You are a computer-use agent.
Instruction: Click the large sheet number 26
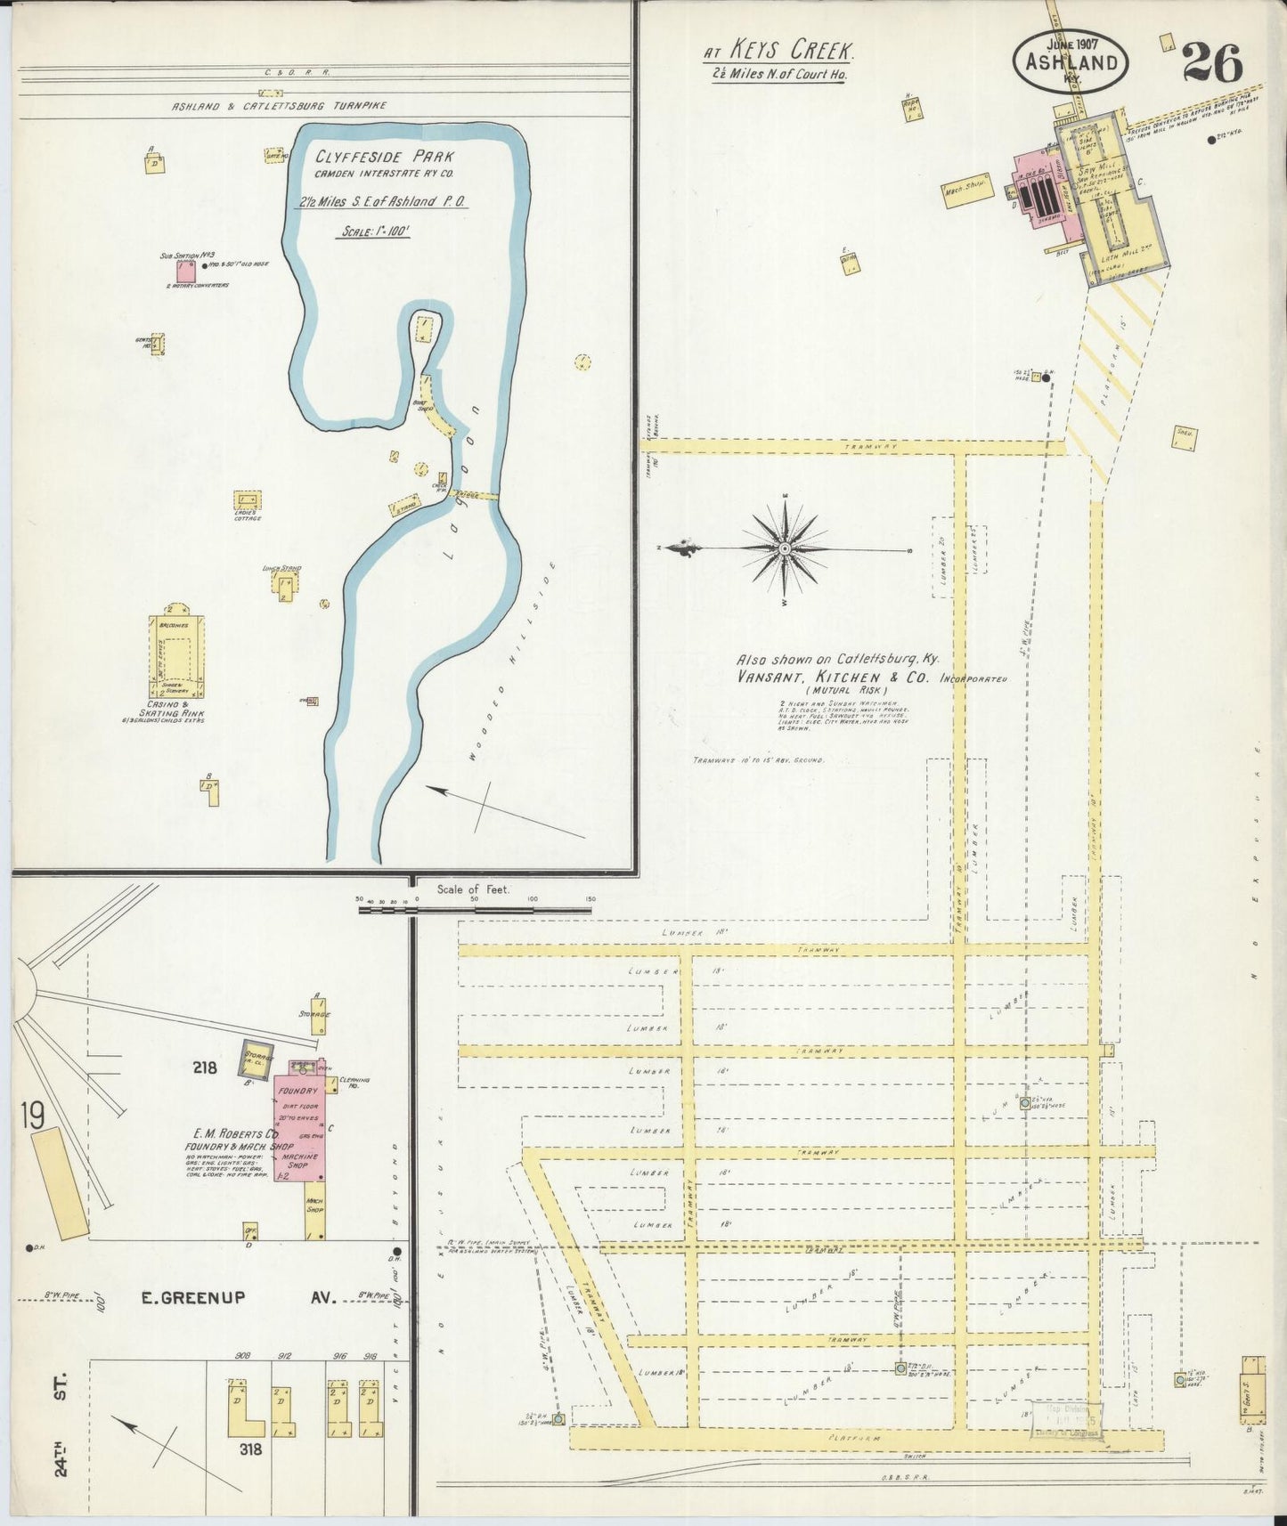point(1212,64)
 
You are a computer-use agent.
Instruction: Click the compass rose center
point(785,549)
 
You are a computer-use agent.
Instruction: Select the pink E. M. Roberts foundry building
point(300,1122)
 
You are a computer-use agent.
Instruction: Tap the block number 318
point(251,1449)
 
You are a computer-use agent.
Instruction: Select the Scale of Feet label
point(473,889)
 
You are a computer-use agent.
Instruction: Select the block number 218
point(204,1067)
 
